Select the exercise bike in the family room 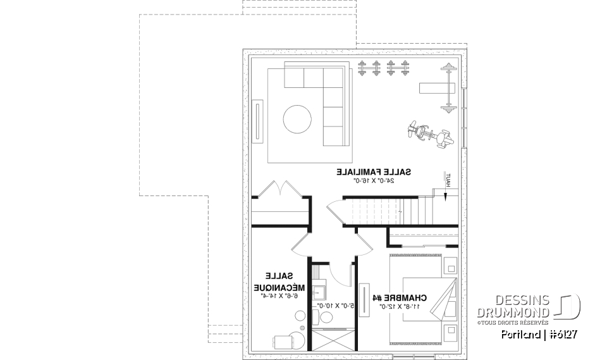(x=430, y=135)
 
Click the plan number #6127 (x=561, y=333)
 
